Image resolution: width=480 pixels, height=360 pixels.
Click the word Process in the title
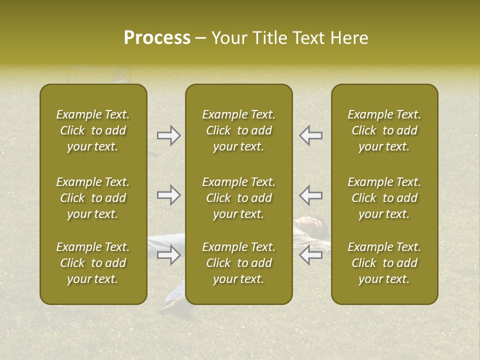point(157,38)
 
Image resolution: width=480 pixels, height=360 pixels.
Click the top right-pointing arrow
point(169,135)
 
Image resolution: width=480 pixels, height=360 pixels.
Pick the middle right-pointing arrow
point(169,195)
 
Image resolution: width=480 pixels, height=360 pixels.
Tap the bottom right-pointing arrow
point(169,255)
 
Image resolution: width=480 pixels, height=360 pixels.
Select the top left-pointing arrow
point(310,135)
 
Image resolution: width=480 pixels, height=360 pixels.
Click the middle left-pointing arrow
point(310,195)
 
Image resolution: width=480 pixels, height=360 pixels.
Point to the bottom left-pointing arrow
point(310,255)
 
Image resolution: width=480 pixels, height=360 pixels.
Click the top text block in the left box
point(93,130)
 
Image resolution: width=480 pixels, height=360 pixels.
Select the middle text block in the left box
point(93,198)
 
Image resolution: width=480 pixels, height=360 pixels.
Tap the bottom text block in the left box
point(93,263)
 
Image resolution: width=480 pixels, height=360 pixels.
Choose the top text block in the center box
point(238,130)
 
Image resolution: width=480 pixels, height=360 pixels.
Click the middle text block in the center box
point(238,198)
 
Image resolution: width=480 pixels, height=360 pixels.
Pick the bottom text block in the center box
point(238,263)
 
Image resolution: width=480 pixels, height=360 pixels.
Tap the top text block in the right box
point(384,130)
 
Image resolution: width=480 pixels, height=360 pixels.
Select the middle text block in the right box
point(384,198)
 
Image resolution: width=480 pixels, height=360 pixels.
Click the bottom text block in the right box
point(384,263)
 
